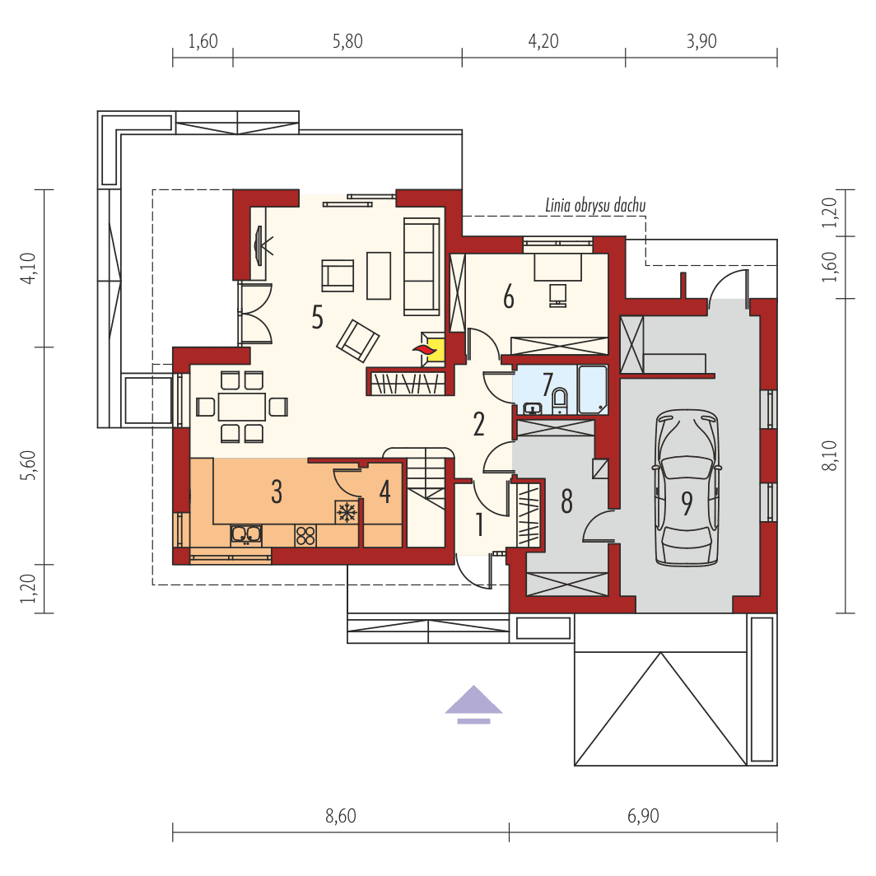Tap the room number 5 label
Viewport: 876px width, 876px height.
point(317,317)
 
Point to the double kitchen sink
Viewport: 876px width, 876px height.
point(246,534)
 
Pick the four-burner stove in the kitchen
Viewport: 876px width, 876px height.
point(305,535)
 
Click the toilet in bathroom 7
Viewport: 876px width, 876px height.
point(561,400)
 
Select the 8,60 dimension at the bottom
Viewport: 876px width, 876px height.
point(340,816)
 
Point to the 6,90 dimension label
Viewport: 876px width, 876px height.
point(643,816)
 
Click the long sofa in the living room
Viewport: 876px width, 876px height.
point(421,266)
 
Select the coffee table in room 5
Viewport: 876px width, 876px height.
point(379,275)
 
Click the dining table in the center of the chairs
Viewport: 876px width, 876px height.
point(242,407)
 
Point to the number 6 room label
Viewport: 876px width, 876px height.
point(508,296)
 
